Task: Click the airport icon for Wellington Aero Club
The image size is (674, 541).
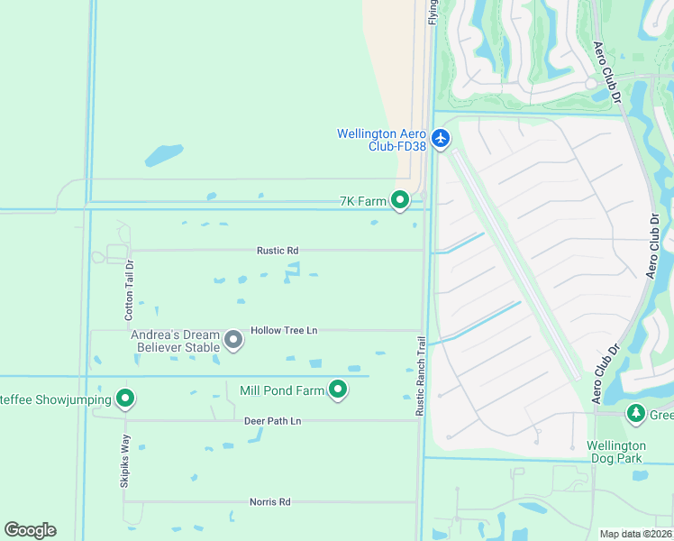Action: (x=441, y=139)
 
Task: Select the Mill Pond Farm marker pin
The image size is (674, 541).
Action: (x=338, y=390)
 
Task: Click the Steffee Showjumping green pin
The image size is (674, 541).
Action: (x=125, y=399)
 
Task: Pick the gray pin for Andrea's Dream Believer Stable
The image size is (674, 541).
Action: (x=233, y=341)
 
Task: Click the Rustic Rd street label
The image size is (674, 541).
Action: (x=278, y=251)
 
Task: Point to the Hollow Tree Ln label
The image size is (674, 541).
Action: (x=284, y=331)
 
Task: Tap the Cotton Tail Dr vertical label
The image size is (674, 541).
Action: (x=129, y=290)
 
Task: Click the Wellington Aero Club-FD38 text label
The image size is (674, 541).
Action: (x=381, y=140)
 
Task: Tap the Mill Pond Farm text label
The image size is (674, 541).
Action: (x=281, y=390)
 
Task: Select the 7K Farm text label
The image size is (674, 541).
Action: (x=362, y=201)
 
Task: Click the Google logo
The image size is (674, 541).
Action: (x=30, y=530)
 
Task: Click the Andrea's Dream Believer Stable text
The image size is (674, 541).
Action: (x=175, y=341)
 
